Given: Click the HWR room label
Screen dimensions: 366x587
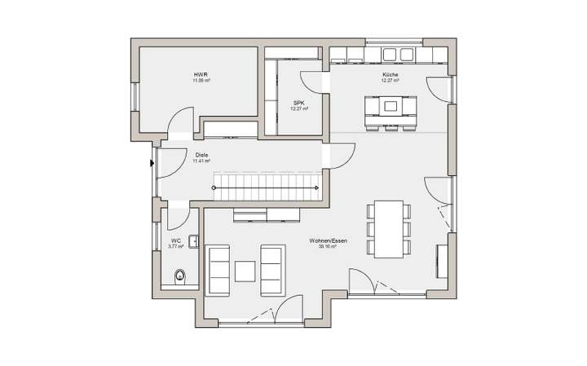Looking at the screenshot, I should point(201,75).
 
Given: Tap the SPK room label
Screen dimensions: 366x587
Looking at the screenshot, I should point(298,103).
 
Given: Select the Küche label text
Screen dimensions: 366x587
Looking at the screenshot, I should point(390,75).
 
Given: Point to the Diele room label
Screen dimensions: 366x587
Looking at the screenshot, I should point(201,154).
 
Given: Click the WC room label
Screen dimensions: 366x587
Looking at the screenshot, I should point(174,240).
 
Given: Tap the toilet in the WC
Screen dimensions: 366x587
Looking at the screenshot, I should point(181,275).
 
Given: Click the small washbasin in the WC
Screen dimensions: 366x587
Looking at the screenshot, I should point(194,240).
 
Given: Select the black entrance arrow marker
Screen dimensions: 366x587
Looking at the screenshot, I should point(152,162).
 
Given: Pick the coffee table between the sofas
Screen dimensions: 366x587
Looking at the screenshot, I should point(245,270).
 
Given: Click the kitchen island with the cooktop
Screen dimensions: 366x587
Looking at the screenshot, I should point(390,106).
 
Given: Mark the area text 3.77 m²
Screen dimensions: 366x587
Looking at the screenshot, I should point(174,245).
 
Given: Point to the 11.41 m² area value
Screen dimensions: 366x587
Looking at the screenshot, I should point(201,161).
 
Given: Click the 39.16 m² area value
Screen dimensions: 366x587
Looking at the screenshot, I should point(329,246).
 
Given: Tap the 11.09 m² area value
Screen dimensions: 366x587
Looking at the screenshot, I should point(201,82).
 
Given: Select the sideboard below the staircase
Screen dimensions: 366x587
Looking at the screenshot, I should point(268,214).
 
